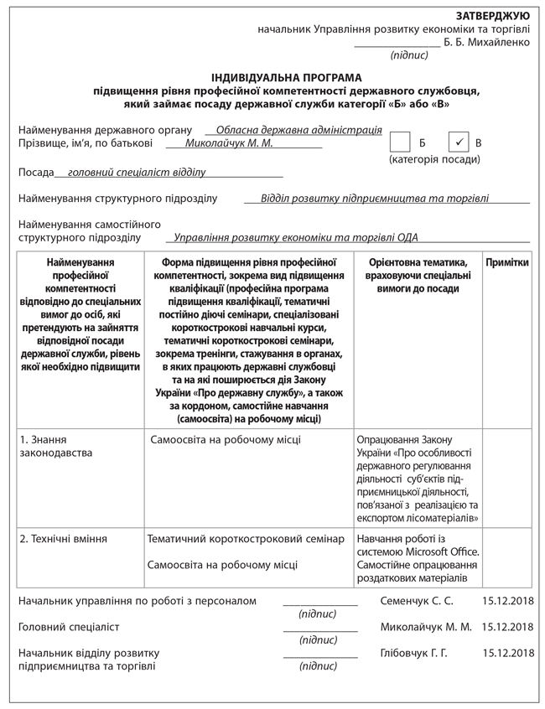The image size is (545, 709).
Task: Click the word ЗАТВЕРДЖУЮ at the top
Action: (492, 16)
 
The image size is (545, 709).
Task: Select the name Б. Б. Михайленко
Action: (486, 42)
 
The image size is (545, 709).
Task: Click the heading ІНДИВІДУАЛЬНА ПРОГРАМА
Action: (287, 77)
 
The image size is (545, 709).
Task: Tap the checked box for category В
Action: (459, 142)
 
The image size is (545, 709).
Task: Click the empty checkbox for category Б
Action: (401, 142)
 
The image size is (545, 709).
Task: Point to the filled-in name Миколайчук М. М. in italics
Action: (229, 144)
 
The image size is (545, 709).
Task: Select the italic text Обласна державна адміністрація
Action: (298, 131)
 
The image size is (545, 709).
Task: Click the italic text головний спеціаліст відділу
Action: (136, 172)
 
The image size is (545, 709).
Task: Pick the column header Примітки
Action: (507, 262)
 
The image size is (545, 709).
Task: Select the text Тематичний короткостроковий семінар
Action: (245, 539)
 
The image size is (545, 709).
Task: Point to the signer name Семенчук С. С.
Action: (416, 601)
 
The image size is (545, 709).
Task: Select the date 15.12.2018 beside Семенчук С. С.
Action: (508, 601)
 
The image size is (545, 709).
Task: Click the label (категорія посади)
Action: (434, 159)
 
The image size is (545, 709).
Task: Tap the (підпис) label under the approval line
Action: (409, 55)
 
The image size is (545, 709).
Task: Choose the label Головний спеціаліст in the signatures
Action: (69, 627)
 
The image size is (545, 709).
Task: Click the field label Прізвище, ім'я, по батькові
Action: (85, 144)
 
